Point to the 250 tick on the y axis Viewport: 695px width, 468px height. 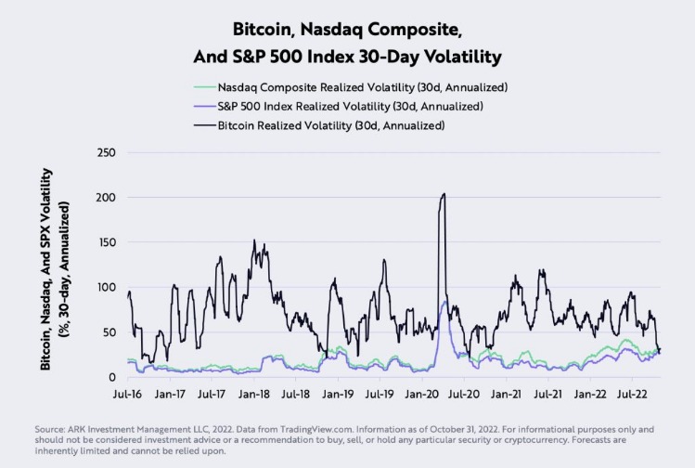click(107, 153)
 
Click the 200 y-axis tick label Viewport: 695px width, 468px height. click(107, 198)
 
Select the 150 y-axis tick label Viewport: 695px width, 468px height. click(107, 242)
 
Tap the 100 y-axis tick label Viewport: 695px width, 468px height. click(107, 287)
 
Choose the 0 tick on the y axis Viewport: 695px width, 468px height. click(113, 376)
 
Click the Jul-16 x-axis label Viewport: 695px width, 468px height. click(128, 394)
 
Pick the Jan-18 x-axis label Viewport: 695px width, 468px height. click(253, 394)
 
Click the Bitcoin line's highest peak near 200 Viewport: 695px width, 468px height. click(444, 194)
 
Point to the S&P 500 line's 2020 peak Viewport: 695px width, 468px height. click(444, 303)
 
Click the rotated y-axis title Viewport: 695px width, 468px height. click(54, 269)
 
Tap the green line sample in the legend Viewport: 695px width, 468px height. click(203, 86)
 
